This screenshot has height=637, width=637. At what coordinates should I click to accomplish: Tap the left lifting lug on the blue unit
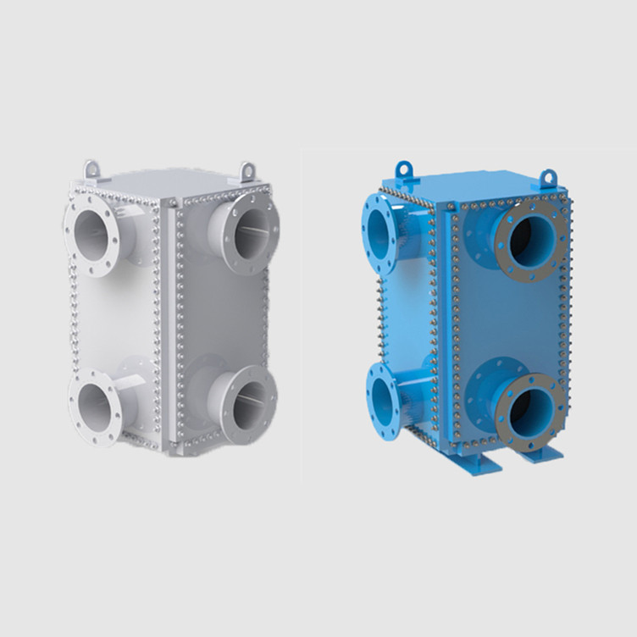[404, 165]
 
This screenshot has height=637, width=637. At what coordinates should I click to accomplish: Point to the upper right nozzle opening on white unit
[251, 229]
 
